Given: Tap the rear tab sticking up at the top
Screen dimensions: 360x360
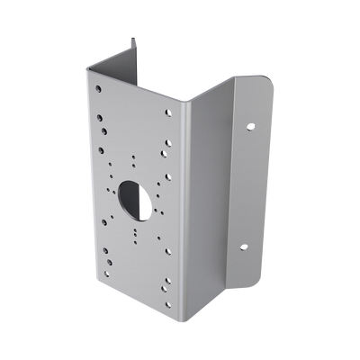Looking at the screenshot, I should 133,49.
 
